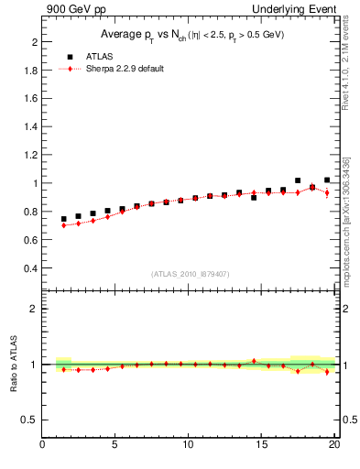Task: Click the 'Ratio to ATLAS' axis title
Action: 13,365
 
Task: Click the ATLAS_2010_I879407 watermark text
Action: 191,273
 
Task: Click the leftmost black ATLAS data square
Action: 63,220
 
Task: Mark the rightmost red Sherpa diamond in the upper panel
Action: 327,192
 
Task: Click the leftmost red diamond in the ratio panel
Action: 63,369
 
